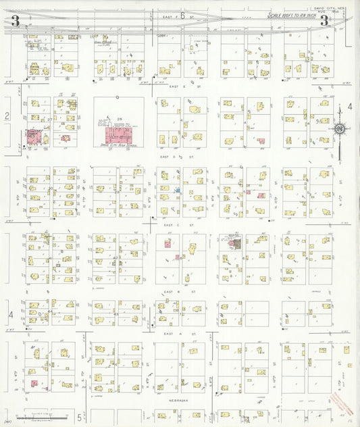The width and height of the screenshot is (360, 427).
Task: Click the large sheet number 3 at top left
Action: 14,21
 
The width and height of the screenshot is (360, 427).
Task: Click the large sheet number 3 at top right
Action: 325,21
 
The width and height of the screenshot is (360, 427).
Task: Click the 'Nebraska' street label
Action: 178,400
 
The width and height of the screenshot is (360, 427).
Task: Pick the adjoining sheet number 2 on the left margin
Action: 7,116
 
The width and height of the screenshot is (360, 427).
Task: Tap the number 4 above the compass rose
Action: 349,107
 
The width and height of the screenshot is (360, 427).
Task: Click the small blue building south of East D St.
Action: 177,191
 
